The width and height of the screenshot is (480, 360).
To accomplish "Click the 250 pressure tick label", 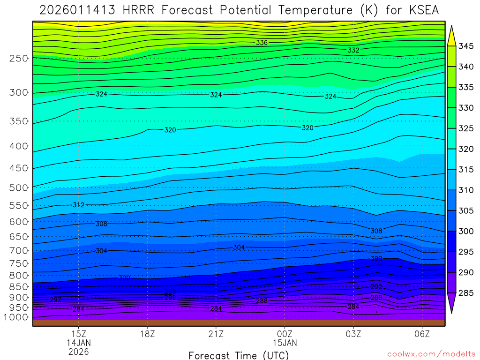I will pyautogui.click(x=19, y=59).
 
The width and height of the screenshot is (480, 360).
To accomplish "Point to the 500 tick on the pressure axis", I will pyautogui.click(x=19, y=188).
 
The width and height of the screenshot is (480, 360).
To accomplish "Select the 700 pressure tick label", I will pyautogui.click(x=19, y=250).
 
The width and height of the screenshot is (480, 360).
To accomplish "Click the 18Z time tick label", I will pyautogui.click(x=147, y=334).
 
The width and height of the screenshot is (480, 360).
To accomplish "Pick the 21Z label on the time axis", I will pyautogui.click(x=216, y=334).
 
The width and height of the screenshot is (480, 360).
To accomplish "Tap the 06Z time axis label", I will pyautogui.click(x=422, y=334).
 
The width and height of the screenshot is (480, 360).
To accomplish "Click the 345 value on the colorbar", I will pyautogui.click(x=466, y=46).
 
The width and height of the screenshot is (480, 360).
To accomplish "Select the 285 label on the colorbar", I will pyautogui.click(x=466, y=293).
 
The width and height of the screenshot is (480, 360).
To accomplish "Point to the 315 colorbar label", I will pyautogui.click(x=466, y=170).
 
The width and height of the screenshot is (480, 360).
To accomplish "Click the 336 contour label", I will pyautogui.click(x=262, y=43).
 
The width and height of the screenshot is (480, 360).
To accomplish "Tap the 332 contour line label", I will pyautogui.click(x=353, y=50).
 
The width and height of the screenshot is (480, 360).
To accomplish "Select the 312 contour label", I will pyautogui.click(x=78, y=205).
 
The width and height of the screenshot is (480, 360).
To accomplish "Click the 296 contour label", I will pyautogui.click(x=170, y=291).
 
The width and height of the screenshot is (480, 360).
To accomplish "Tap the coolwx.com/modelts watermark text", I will pyautogui.click(x=431, y=354).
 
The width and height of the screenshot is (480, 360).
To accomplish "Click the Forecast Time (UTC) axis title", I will pyautogui.click(x=239, y=355).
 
